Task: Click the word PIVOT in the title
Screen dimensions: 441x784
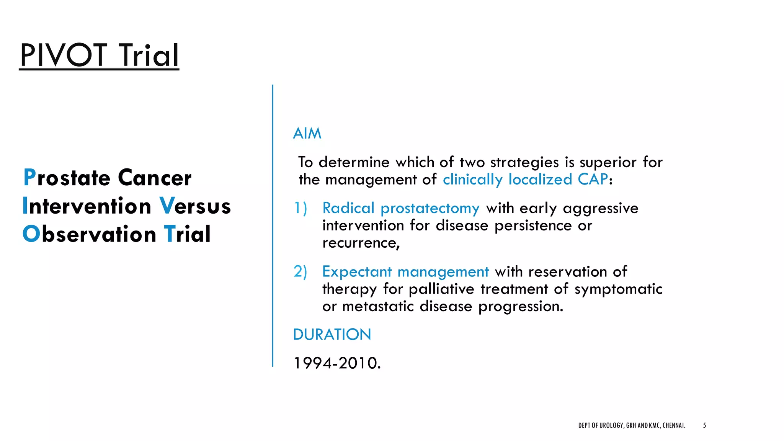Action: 63,56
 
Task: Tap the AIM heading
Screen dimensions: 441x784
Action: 307,134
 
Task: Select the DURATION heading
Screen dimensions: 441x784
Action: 332,335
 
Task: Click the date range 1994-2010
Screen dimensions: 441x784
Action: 336,363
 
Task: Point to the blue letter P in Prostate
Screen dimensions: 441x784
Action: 29,178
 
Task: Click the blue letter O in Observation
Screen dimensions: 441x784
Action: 31,234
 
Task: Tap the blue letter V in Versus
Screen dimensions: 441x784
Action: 167,206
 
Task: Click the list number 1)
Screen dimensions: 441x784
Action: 300,208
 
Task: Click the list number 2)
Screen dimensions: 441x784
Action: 300,271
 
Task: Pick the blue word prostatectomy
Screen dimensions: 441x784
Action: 430,209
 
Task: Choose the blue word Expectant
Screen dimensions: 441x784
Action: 357,272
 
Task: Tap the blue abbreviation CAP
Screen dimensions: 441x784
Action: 593,179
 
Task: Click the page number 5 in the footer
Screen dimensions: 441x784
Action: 704,425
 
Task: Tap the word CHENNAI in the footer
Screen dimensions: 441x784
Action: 673,425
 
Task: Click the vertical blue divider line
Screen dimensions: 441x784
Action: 273,226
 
